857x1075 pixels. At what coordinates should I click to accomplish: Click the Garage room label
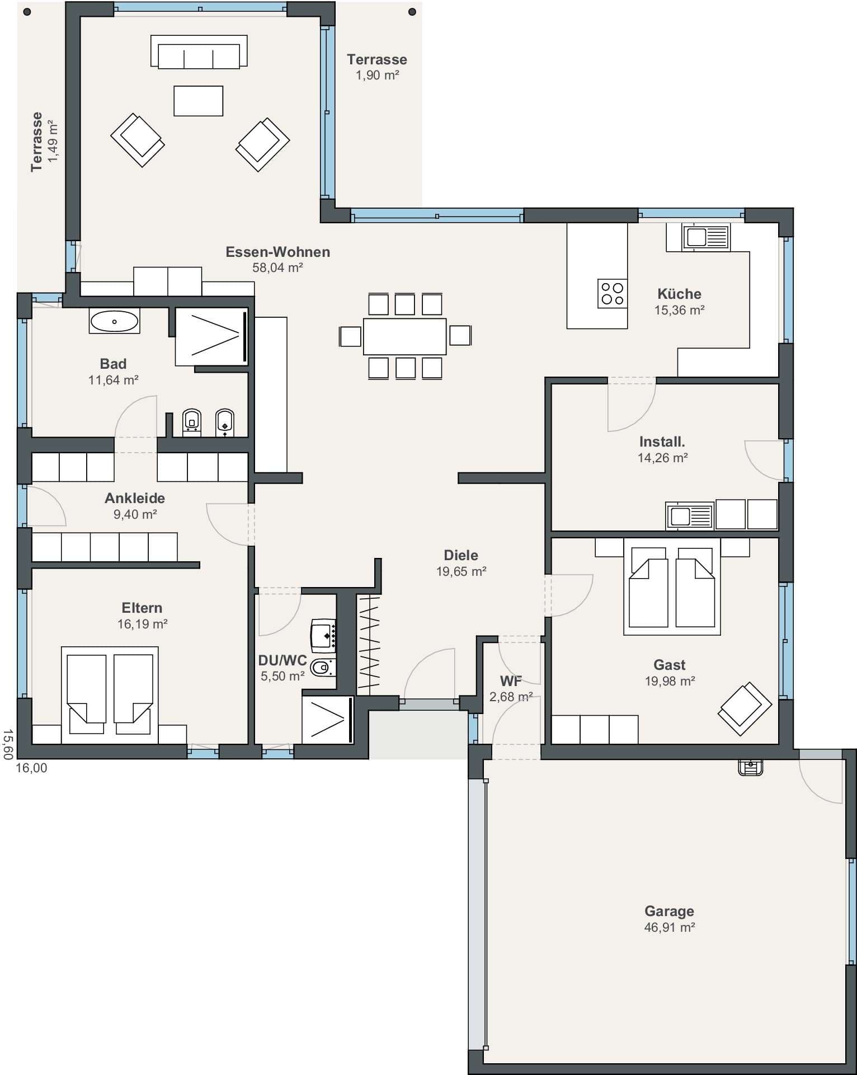point(669,911)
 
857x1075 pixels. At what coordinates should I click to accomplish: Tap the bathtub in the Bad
point(114,322)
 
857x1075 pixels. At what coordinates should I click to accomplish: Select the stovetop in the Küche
point(612,293)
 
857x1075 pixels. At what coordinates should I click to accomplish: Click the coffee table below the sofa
point(198,101)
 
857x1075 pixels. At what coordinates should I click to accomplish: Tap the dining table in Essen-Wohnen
point(404,336)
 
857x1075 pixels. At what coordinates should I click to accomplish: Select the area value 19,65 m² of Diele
point(461,571)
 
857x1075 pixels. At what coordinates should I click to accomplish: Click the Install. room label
point(662,442)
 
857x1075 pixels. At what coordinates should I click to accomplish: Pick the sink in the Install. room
point(690,515)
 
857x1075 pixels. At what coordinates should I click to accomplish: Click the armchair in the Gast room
point(745,709)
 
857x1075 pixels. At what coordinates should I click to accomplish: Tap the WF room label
point(511,681)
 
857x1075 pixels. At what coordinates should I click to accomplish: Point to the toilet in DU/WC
point(323,667)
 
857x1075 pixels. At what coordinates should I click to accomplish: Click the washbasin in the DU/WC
point(323,636)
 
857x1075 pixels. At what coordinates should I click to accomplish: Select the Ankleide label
point(135,498)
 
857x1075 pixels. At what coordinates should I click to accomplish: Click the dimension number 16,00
point(31,768)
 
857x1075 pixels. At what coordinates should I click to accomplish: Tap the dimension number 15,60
point(7,744)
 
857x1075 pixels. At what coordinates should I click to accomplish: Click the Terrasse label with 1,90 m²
point(377,59)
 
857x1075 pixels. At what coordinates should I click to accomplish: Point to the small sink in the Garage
point(751,767)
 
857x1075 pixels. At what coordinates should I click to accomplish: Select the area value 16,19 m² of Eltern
point(142,624)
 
